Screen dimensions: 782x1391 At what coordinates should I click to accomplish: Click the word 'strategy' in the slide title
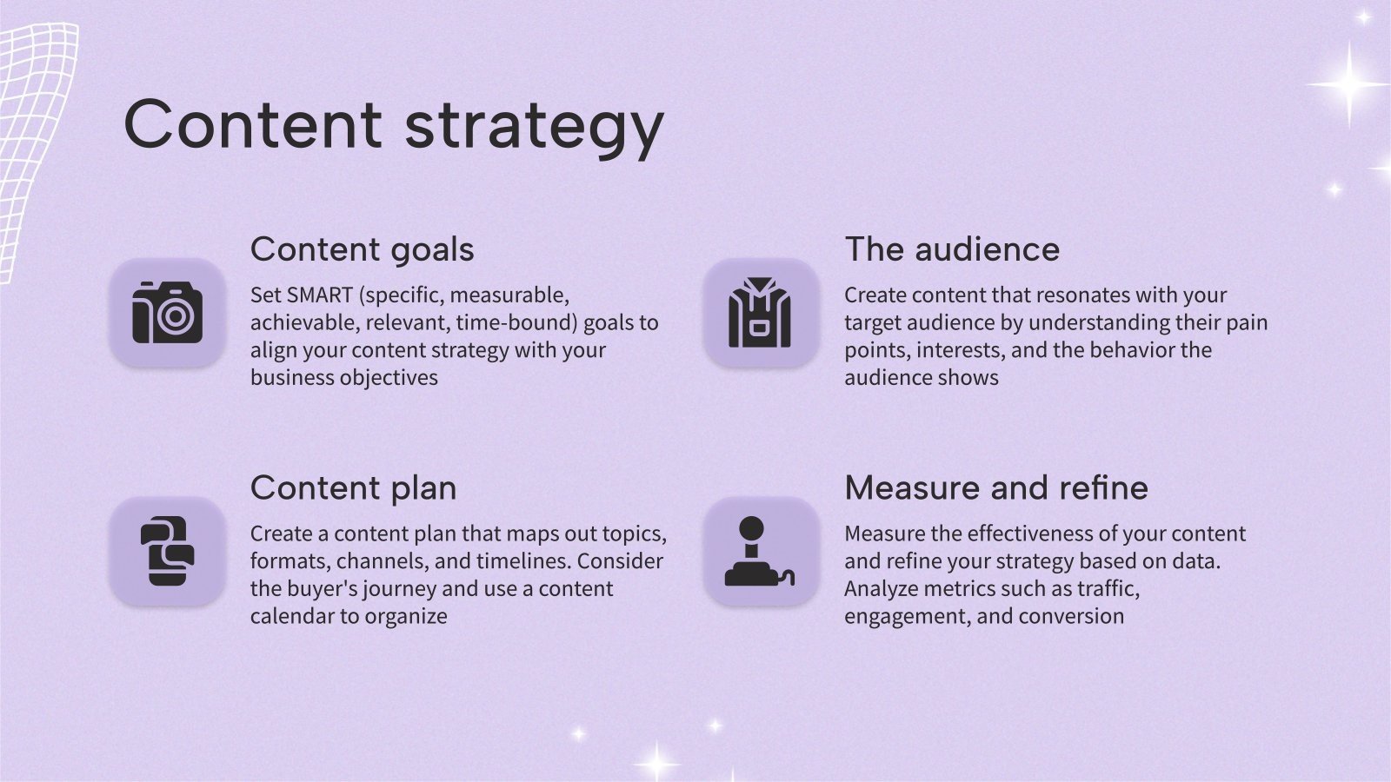point(534,126)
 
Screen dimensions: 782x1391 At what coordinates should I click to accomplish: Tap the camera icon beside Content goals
point(167,313)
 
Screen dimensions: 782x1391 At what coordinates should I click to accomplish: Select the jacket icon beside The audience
point(761,313)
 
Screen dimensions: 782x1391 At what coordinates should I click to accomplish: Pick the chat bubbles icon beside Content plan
point(167,551)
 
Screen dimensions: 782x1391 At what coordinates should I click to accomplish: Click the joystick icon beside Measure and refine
point(761,551)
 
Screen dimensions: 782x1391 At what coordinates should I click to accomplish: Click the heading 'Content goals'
point(362,249)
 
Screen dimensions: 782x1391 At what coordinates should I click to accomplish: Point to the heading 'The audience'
point(952,249)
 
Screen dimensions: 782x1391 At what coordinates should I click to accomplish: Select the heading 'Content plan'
point(353,487)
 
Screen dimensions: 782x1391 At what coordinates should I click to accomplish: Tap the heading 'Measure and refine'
point(996,487)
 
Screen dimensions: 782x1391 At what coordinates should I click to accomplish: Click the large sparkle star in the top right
point(1348,84)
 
